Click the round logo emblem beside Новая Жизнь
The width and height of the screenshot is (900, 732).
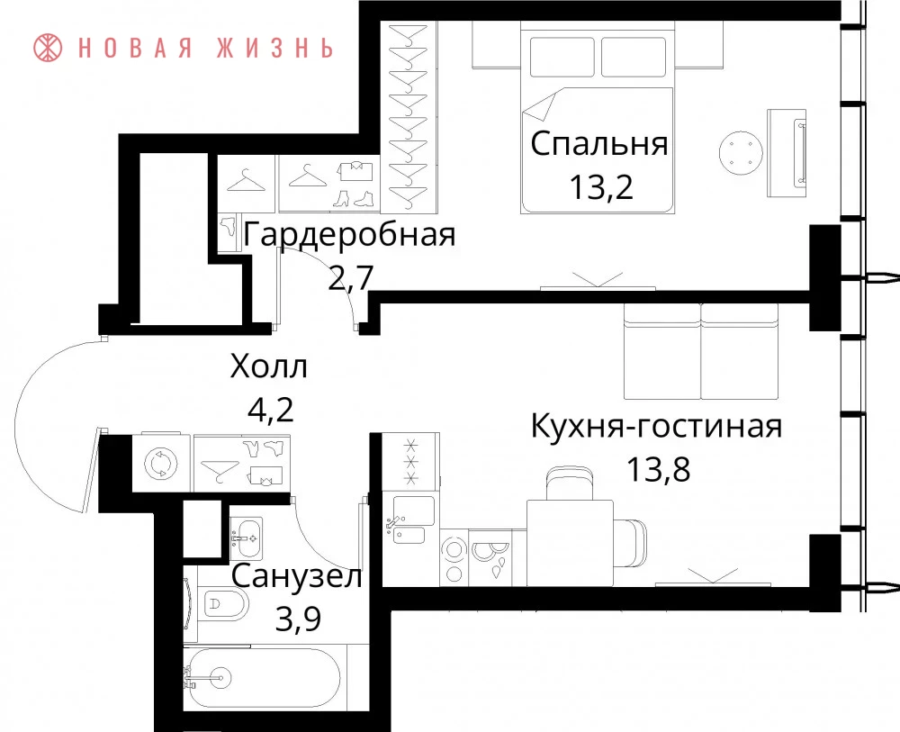[48, 47]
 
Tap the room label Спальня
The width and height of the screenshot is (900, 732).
[599, 143]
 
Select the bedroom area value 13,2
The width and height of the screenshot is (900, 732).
[601, 186]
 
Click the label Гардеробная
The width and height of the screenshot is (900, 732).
[349, 235]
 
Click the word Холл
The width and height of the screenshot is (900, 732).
[268, 366]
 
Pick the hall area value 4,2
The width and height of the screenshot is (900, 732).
[270, 410]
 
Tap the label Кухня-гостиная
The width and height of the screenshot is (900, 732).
[656, 427]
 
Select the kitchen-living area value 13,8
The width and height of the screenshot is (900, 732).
[657, 469]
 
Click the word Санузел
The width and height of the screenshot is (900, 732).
[297, 576]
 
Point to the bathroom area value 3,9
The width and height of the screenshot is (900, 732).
[298, 619]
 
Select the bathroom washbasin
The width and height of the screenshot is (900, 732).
[247, 538]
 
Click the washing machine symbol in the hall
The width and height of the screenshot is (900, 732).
[161, 464]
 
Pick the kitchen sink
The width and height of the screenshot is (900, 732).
[411, 520]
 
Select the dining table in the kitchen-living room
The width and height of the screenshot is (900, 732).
[570, 543]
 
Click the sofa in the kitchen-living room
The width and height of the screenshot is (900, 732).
[701, 351]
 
